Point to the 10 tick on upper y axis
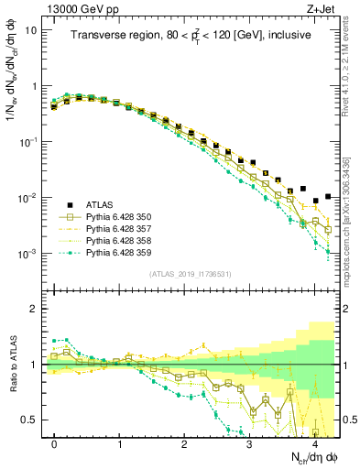[x=31, y=29]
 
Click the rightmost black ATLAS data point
[x=328, y=197]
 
